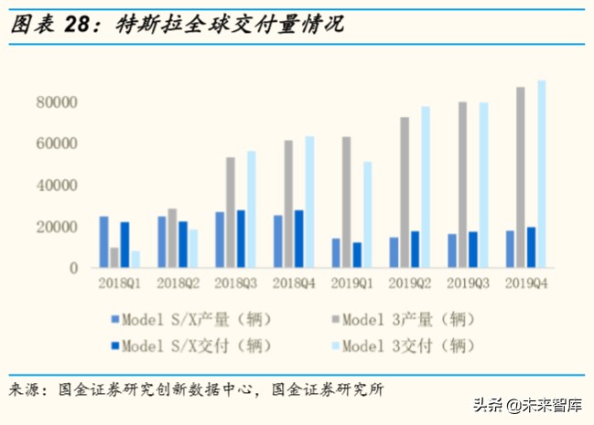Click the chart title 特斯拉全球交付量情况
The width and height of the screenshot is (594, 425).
coord(229,25)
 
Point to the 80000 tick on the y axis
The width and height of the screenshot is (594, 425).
coord(54,101)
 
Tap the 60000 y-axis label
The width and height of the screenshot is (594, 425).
coord(54,143)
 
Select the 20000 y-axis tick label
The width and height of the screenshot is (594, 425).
coord(54,227)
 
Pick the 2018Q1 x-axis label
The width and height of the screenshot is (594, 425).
coord(120,285)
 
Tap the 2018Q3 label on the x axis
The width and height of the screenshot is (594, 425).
coord(235,285)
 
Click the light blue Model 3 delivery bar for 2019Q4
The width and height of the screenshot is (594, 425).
coord(542,174)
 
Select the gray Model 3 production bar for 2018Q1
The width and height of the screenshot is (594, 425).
coord(114,258)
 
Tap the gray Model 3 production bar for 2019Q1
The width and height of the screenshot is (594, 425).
coord(346,202)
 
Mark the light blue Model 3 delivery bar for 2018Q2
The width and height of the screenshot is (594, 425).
coord(193,249)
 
